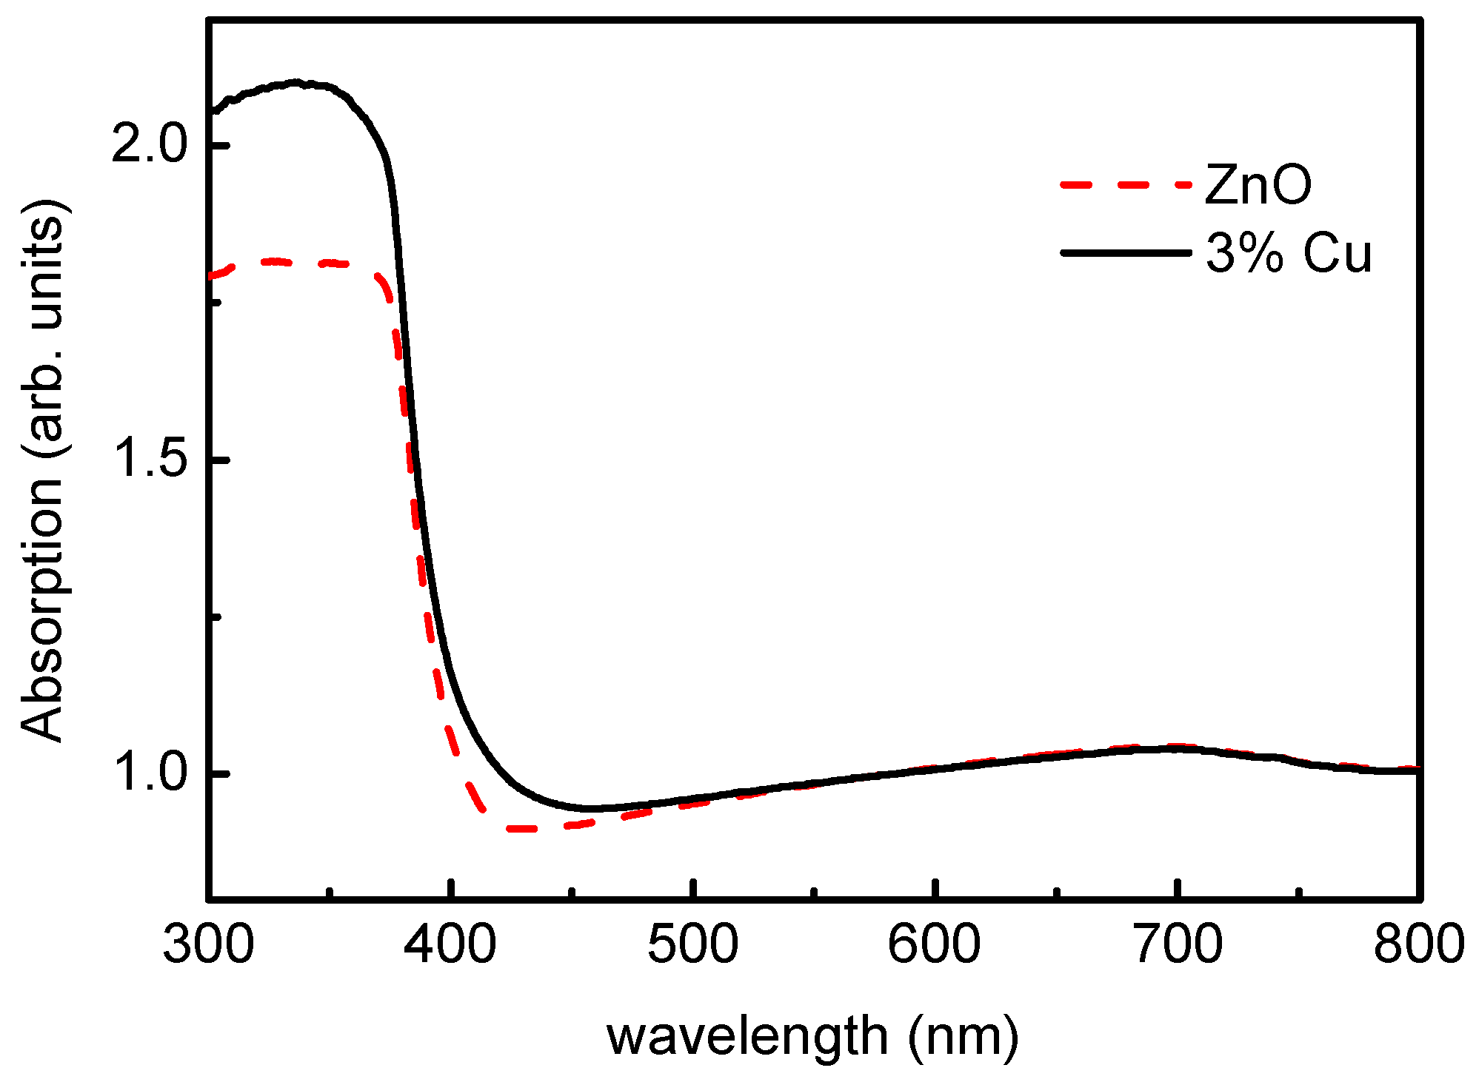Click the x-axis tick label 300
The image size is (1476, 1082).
[x=209, y=945]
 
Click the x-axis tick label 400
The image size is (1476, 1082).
[x=451, y=945]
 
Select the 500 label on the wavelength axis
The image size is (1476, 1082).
[x=693, y=945]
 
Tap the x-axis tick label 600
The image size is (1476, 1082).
[x=935, y=945]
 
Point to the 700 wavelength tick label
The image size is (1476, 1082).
[x=1178, y=945]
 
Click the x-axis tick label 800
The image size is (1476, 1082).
[x=1418, y=945]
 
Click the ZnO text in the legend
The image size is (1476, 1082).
[x=1258, y=185]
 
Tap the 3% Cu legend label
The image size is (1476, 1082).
[x=1289, y=254]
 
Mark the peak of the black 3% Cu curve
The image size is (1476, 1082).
[x=296, y=82]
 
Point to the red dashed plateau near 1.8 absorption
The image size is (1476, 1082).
[x=296, y=262]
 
